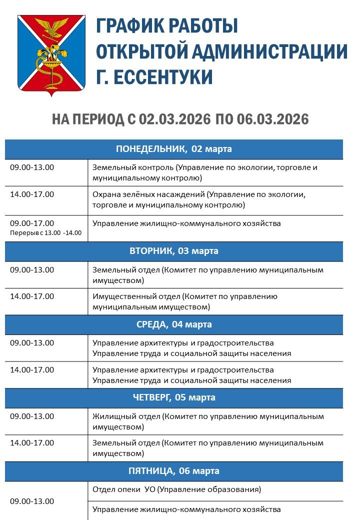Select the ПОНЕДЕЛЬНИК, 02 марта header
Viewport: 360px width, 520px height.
coord(174,149)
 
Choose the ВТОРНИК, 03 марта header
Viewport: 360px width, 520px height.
coord(174,251)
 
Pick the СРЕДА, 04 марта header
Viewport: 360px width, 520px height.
coord(174,324)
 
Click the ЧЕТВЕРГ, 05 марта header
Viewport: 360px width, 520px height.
coord(174,398)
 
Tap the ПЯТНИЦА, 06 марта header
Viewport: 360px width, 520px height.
coord(174,471)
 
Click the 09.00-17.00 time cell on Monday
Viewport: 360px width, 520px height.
coord(32,223)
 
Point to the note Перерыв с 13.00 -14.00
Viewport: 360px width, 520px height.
coord(45,233)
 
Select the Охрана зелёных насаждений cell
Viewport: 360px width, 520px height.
coord(199,199)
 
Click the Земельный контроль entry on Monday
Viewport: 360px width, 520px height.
coord(205,172)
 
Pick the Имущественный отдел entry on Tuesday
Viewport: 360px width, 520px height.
coord(185,301)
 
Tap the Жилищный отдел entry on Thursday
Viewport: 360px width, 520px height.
coord(208,421)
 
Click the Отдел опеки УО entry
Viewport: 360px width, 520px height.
coord(177,489)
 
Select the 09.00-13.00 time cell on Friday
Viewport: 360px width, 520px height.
coord(32,501)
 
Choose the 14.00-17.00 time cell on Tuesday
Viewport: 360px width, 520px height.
coord(32,296)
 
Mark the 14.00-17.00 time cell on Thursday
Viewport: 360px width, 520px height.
coord(32,443)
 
